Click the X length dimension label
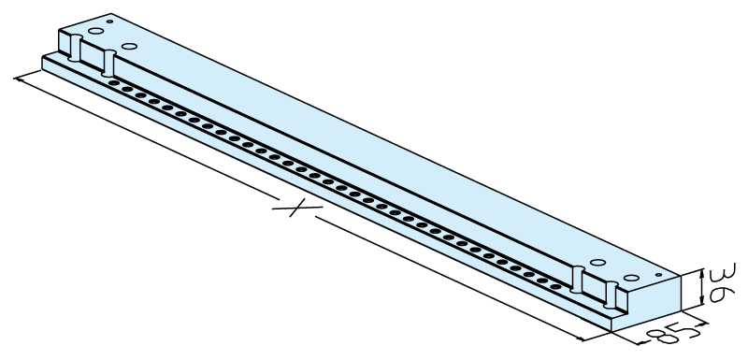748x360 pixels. [x=296, y=208]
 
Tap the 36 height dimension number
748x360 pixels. [x=723, y=282]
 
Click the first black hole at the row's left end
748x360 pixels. [x=113, y=83]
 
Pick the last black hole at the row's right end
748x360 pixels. [x=555, y=286]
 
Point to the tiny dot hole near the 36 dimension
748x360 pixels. [x=659, y=275]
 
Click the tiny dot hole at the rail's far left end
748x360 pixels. [x=109, y=22]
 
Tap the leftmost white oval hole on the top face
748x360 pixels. [x=96, y=31]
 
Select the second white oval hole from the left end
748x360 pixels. [x=129, y=46]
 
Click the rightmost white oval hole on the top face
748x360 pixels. [x=631, y=278]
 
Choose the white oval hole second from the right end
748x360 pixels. [x=597, y=262]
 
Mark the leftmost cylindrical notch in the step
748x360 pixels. [x=76, y=48]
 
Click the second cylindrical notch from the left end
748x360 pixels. [x=108, y=63]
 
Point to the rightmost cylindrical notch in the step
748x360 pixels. [x=611, y=295]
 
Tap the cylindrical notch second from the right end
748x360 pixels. [x=577, y=280]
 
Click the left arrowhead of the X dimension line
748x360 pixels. [x=19, y=79]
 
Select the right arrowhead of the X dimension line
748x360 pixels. [x=580, y=339]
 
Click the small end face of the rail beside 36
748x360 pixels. [x=646, y=303]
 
